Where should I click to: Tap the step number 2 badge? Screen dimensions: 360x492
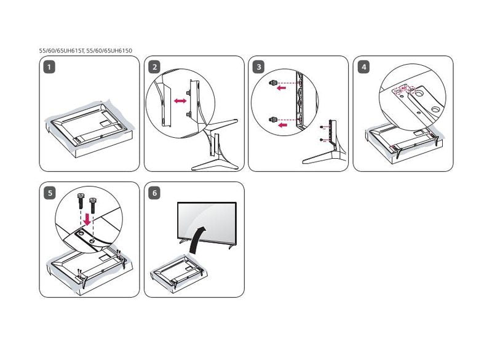(x=154, y=67)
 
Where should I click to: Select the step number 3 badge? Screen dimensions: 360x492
(x=259, y=67)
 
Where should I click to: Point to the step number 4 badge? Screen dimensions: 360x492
(x=363, y=67)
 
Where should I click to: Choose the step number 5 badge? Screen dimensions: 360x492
(x=50, y=193)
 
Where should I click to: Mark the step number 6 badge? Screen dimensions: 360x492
(x=154, y=193)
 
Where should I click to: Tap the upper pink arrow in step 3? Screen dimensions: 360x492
(x=281, y=88)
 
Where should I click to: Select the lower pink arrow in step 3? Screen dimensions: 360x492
(x=281, y=125)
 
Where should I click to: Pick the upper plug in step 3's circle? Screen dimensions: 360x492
(x=272, y=82)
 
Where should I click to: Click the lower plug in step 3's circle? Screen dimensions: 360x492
(x=272, y=119)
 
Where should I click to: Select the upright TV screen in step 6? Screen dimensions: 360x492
(x=207, y=221)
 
